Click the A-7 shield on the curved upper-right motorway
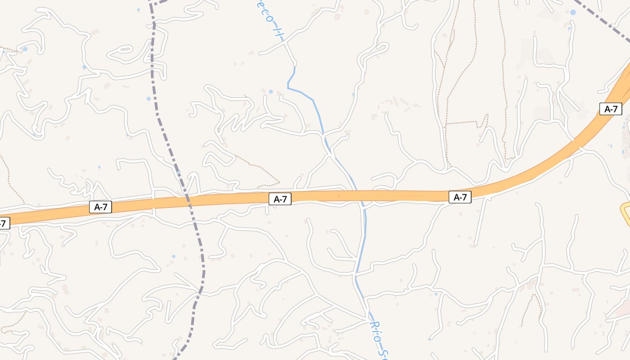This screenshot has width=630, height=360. tap(611, 109)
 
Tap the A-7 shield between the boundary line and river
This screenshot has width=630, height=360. tap(280, 199)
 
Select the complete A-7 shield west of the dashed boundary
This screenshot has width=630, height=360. tap(100, 207)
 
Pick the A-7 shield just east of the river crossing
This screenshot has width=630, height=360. tap(459, 197)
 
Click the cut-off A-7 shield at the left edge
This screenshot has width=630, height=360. tap(4, 223)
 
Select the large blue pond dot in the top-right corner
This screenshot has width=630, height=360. tap(573, 13)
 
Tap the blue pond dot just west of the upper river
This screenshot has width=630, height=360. tap(270, 91)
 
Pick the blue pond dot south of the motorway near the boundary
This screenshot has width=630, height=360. tap(174, 256)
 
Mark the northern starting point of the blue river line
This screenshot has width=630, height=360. tap(295, 67)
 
